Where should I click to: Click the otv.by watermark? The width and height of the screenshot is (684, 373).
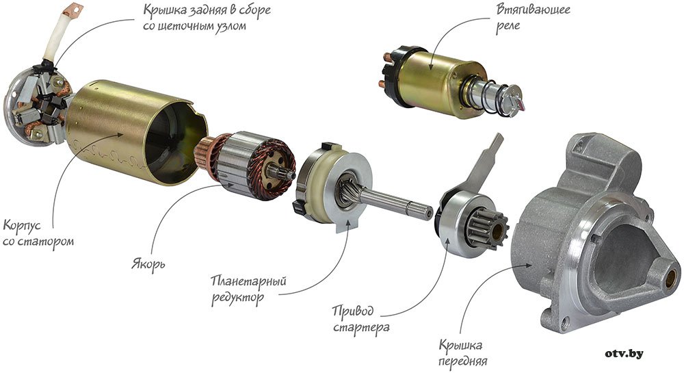pos(624,353)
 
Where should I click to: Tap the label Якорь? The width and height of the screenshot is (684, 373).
pos(148,263)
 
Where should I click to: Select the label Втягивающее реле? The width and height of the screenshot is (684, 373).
pos(533,16)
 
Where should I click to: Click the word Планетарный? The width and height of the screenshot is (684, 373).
pos(249,281)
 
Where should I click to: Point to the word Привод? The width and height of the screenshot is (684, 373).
pos(353,311)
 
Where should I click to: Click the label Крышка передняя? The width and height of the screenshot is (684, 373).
pos(463,353)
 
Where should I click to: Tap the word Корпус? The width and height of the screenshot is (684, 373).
pos(22,226)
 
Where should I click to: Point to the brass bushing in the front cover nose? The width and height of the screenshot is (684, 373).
pos(670,278)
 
